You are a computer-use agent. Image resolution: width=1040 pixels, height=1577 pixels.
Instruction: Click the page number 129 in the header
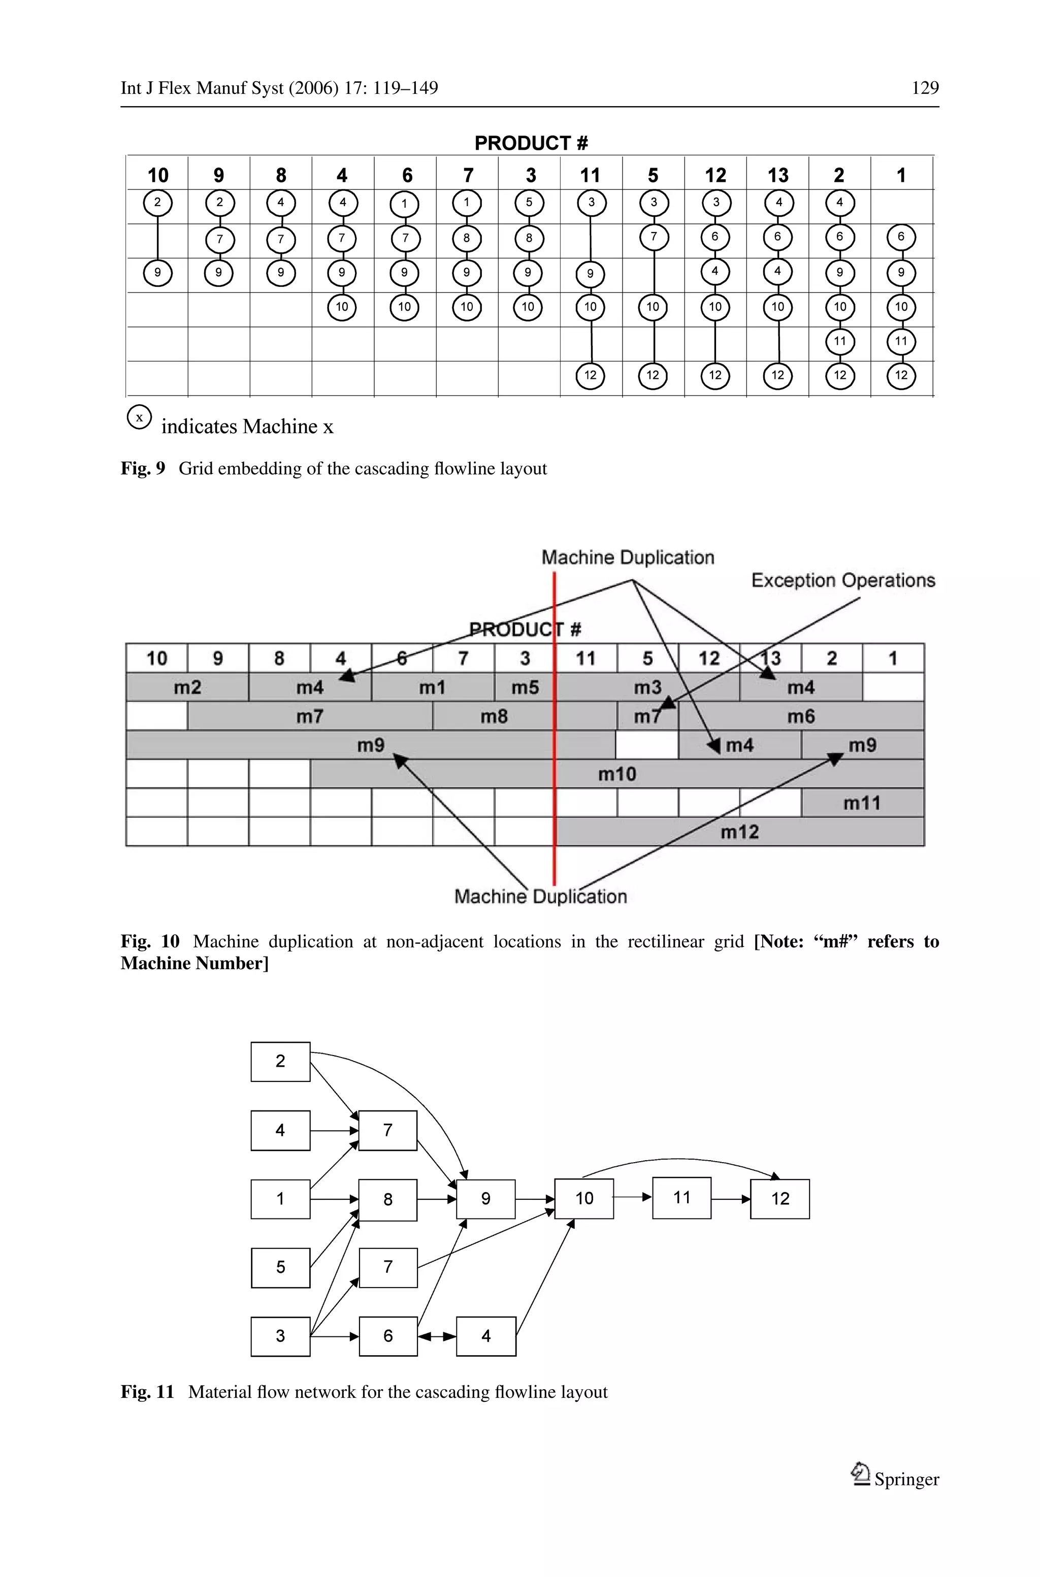click(x=925, y=88)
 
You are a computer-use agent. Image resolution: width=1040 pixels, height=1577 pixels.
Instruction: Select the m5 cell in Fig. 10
click(x=525, y=687)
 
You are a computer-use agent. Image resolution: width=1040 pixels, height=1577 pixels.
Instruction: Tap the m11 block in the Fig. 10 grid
click(x=862, y=803)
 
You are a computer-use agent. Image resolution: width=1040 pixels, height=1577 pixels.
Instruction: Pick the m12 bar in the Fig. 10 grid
click(x=739, y=832)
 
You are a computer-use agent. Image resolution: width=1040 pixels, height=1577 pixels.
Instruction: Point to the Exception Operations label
click(x=842, y=580)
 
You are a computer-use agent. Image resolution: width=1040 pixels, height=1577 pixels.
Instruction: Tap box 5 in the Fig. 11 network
click(x=280, y=1267)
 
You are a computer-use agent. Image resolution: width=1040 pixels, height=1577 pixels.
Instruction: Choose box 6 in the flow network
click(x=388, y=1336)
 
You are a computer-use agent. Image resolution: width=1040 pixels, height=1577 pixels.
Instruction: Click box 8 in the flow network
click(x=388, y=1199)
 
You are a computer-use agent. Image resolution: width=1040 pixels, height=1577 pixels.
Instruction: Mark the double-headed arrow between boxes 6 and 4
click(x=436, y=1336)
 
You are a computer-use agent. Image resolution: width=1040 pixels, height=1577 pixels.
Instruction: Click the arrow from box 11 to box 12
click(x=730, y=1199)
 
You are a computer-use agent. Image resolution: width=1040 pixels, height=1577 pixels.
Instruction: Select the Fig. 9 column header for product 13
click(x=777, y=175)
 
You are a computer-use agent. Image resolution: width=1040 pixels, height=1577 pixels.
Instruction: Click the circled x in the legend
click(x=139, y=417)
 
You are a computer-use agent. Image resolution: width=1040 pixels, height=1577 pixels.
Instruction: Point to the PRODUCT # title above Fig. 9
click(x=531, y=143)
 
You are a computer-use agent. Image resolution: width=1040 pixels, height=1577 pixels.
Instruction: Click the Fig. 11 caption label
click(x=147, y=1392)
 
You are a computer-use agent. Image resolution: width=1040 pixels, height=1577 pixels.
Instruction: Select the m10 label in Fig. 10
click(x=617, y=774)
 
